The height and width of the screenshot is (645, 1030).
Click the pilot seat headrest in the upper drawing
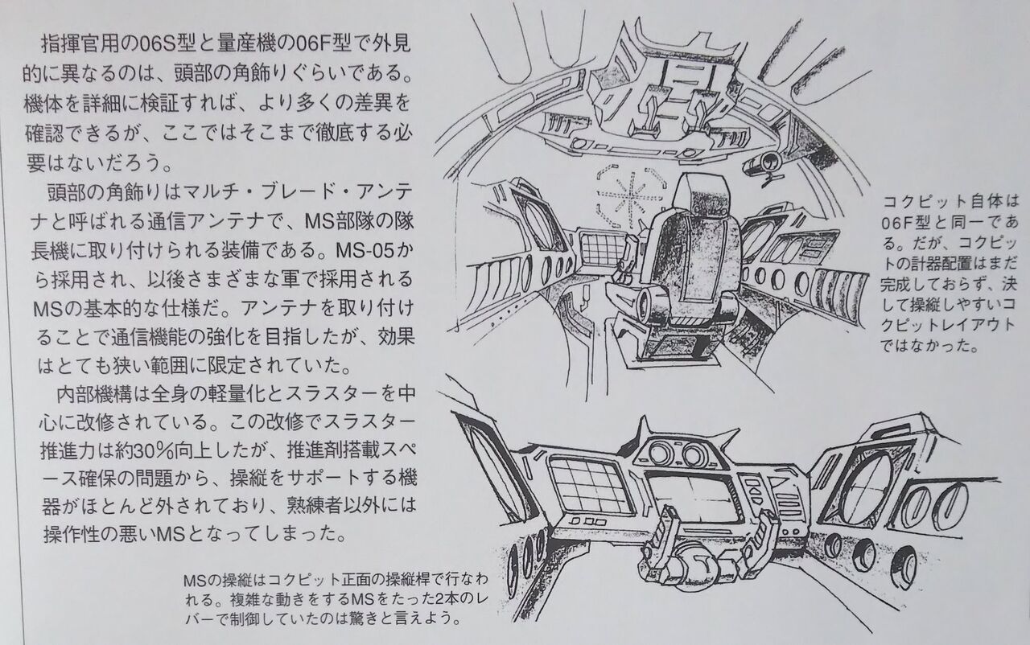(698, 196)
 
